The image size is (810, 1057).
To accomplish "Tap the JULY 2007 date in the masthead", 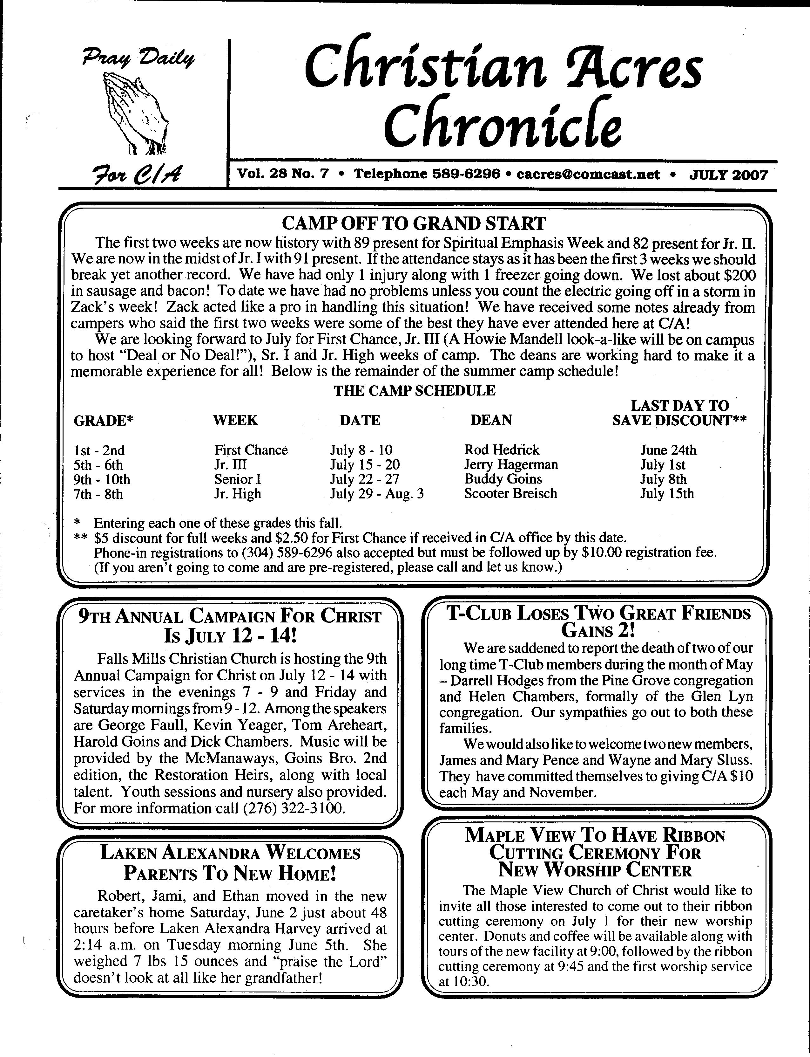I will [728, 174].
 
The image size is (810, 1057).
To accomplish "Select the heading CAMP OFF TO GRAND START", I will [413, 224].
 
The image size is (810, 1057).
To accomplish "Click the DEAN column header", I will [491, 420].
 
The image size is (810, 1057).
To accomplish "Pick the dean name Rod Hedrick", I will [502, 450].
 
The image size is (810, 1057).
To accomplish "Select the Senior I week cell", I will [237, 479].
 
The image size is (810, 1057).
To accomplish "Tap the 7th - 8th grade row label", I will [98, 494].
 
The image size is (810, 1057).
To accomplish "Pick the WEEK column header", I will [235, 420].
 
